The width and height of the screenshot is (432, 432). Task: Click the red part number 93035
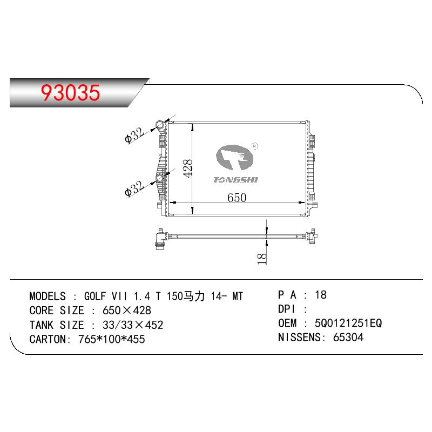click(70, 92)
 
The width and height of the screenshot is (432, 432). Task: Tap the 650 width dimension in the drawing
click(237, 197)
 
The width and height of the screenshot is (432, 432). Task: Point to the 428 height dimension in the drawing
click(187, 168)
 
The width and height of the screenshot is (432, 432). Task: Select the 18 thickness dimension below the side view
click(261, 259)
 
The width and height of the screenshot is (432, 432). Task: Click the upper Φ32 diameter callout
click(134, 135)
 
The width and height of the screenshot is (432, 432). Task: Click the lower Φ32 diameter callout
click(134, 188)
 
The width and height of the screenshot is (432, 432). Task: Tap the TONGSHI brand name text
click(235, 180)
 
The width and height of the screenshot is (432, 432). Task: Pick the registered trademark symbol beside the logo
click(255, 146)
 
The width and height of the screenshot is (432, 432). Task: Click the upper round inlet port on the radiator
click(160, 125)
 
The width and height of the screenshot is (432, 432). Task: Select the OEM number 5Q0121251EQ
click(348, 323)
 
